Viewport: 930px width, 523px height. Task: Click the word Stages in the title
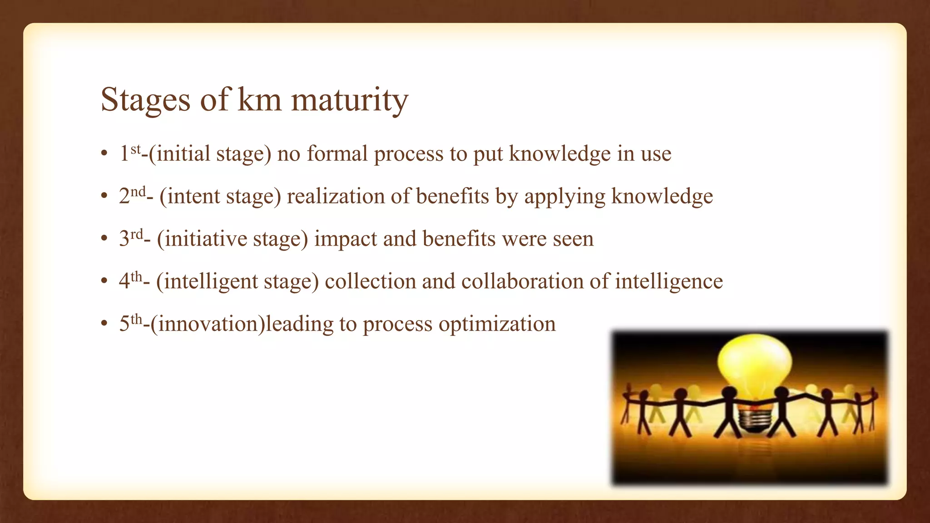click(145, 99)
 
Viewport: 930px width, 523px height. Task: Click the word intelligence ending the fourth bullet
click(668, 281)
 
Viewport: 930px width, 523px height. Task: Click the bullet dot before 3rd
click(104, 239)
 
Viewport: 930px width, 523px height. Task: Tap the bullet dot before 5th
click(104, 324)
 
